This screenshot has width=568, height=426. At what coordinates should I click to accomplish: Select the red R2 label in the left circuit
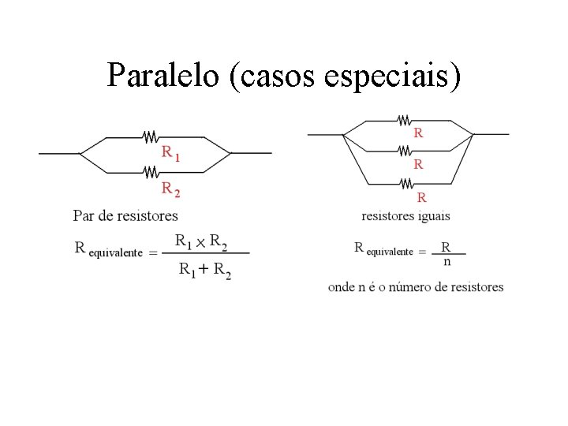pos(170,189)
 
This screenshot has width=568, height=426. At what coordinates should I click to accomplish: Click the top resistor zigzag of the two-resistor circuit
pos(151,136)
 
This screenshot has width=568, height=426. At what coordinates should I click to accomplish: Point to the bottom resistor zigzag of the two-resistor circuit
pos(151,171)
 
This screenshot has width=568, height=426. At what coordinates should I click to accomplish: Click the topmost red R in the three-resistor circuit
pos(418,133)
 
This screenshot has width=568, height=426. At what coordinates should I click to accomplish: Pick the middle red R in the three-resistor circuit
pos(418,165)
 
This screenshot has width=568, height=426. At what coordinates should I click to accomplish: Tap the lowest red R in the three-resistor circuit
pos(421,196)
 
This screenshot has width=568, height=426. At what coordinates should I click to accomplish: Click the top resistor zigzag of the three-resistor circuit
pos(403,120)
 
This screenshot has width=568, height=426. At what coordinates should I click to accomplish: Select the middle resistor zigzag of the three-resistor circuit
pos(403,150)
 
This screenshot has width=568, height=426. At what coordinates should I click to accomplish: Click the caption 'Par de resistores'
pos(125,215)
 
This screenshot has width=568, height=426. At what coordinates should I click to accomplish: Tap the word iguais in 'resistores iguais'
pos(434,215)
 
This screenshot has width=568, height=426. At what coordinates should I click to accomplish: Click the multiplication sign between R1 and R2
pos(200,241)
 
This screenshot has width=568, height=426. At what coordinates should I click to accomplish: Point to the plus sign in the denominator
pos(204,270)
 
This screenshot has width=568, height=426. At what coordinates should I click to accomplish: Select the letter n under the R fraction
pos(447,261)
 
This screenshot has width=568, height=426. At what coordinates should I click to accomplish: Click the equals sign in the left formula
pos(153,252)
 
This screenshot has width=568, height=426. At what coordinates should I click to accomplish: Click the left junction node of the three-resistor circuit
pos(343,135)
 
